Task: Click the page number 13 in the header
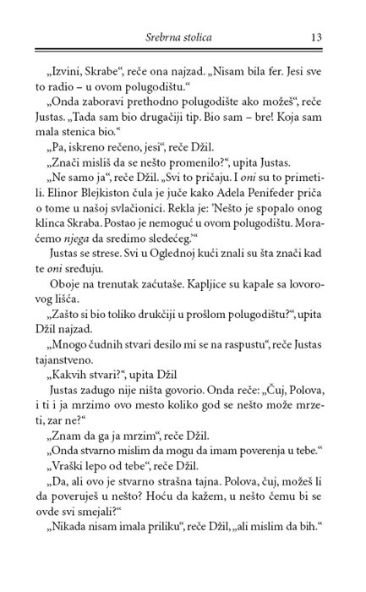click(x=318, y=36)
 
